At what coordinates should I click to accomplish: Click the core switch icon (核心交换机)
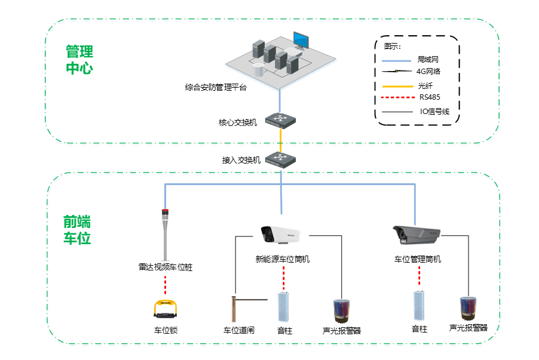coord(280,120)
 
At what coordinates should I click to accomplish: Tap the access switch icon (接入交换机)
coord(280,159)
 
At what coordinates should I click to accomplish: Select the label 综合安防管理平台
coord(216,87)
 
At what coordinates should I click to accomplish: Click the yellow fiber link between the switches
coord(280,140)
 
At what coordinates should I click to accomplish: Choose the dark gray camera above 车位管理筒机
coord(416,235)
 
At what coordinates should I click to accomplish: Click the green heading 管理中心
coord(79,59)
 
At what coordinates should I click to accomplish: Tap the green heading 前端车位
coord(77,230)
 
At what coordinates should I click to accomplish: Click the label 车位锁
coord(166,330)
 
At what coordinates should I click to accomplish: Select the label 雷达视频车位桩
coord(166,267)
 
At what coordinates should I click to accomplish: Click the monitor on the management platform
coord(301,41)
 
